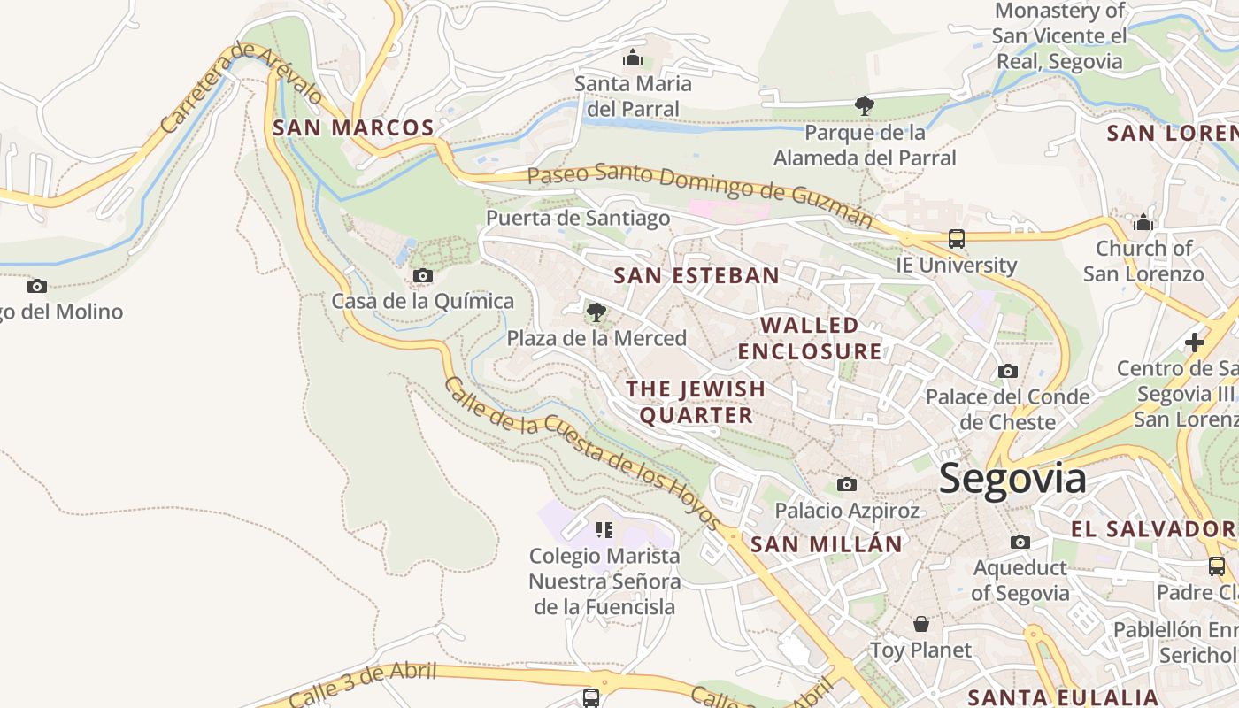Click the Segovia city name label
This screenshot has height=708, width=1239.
[x=1012, y=479]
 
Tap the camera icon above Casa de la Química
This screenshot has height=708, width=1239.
[x=423, y=276]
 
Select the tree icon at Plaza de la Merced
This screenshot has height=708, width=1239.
[x=596, y=312]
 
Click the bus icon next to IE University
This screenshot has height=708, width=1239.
[x=956, y=239]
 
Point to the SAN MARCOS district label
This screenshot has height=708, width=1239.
[x=353, y=127]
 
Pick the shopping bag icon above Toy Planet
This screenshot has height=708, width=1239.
[x=921, y=624]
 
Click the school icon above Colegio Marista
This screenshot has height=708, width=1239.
[x=604, y=530]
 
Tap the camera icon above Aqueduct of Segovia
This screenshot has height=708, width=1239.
[x=1020, y=542]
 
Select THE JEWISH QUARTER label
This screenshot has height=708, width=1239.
[x=696, y=402]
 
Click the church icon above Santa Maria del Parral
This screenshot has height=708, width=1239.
[x=633, y=58]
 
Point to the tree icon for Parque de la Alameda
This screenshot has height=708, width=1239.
[x=865, y=107]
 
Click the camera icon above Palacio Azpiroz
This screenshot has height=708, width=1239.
[x=847, y=485]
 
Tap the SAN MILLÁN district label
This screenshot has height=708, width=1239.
[x=826, y=544]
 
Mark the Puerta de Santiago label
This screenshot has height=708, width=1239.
[x=578, y=218]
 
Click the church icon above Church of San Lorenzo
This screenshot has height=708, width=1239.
[x=1143, y=222]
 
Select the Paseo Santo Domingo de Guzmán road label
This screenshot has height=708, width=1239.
[x=699, y=192]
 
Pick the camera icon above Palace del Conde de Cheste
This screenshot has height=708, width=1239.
[x=1007, y=372]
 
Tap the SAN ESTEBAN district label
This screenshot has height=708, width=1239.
[x=696, y=275]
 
